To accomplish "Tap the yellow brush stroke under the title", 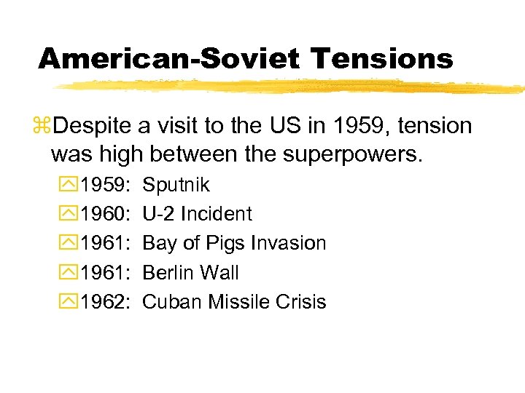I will (x=292, y=87).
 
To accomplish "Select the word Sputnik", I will (x=176, y=185).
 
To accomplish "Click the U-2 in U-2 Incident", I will (x=159, y=214).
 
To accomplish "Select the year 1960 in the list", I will (x=105, y=214).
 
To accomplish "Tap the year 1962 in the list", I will (x=105, y=301).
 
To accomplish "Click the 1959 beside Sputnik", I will (x=105, y=185).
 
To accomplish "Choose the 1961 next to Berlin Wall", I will (x=105, y=272).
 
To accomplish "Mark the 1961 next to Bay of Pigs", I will (x=105, y=243).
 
